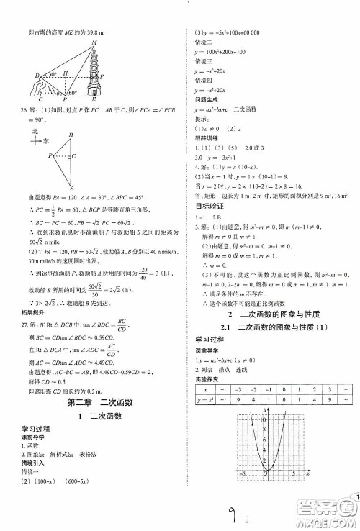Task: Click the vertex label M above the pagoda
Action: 94,43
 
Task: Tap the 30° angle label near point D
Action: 51,74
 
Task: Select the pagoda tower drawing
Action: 95,73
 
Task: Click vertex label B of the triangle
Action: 71,134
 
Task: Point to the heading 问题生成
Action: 208,91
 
